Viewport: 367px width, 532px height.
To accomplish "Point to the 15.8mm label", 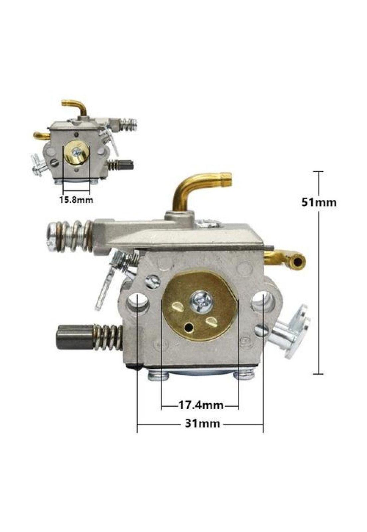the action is coord(76,199).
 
